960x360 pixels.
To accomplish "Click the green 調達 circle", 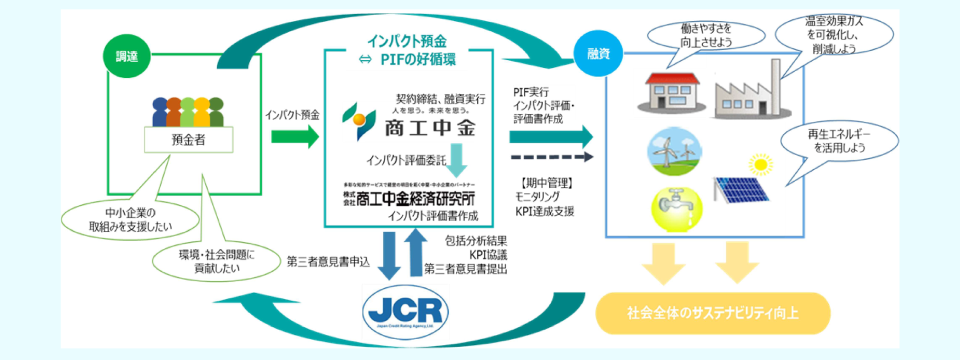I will pos(126,56).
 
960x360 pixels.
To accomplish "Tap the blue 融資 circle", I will pos(598,53).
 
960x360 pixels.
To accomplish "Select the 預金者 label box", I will pos(188,139).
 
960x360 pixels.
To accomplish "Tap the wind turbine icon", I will pos(674,150).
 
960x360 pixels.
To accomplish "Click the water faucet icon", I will pos(676,208).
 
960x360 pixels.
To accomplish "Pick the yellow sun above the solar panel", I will pos(760,164).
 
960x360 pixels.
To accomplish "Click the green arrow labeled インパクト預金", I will pos(294,136).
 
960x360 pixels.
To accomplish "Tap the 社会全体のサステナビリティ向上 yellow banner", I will pos(712,313).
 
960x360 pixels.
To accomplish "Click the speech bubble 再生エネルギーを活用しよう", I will pos(839,141).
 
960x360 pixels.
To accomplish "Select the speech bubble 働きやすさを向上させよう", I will pos(706,35).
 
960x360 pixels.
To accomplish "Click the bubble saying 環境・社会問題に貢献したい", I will pos(216,261).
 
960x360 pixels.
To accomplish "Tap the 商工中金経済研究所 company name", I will pos(409,199).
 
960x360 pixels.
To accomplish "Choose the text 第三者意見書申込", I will pos(328,261).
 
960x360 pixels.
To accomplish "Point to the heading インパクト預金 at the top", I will pos(406,40).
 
